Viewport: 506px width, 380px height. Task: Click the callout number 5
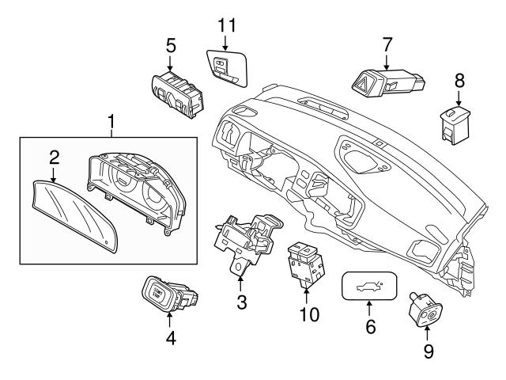171,45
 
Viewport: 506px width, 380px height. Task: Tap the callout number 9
429,351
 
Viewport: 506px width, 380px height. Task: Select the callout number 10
308,315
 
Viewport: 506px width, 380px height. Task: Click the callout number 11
227,24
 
